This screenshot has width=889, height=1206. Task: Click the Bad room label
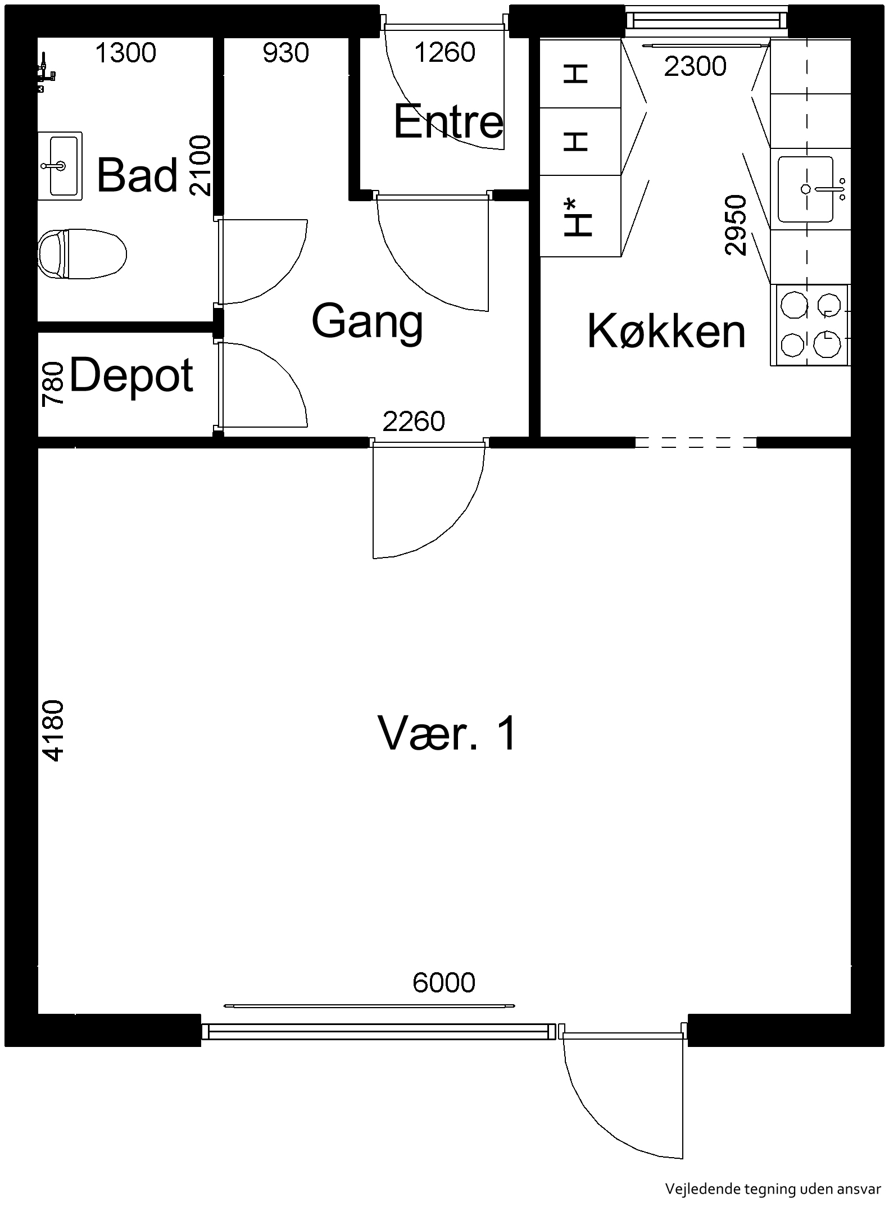click(x=138, y=175)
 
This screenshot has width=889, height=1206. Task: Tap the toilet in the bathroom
click(x=82, y=253)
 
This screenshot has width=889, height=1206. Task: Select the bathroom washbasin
click(x=60, y=166)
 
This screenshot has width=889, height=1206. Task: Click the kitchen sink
click(x=806, y=189)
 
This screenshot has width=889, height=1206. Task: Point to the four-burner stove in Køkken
click(x=810, y=325)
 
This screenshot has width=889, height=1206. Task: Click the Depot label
click(x=131, y=375)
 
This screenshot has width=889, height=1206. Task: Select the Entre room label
click(x=448, y=121)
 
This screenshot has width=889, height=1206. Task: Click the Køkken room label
click(x=666, y=331)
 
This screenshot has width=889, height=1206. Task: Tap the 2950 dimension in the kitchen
click(x=736, y=225)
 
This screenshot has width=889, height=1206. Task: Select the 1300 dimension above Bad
click(x=125, y=53)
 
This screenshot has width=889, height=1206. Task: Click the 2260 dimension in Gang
click(x=414, y=421)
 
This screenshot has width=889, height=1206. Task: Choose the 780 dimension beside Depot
click(x=53, y=384)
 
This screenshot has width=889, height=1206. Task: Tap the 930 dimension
click(x=286, y=53)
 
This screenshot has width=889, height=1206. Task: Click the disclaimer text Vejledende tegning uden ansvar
click(x=773, y=1189)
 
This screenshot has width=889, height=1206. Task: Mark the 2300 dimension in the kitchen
click(x=695, y=67)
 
